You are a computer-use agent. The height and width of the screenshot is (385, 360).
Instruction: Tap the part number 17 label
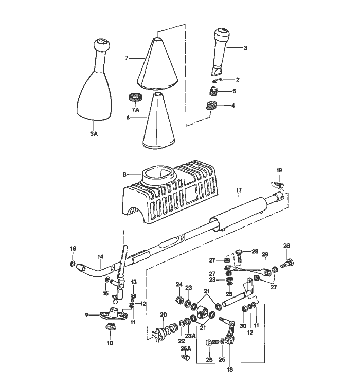[x=239, y=190]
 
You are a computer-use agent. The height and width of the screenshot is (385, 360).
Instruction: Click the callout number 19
[x=279, y=170]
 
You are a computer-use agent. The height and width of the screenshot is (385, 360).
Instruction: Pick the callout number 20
[x=163, y=315]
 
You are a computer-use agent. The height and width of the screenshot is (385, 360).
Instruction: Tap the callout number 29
[x=265, y=254]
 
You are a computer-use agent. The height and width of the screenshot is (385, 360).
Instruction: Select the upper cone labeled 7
[x=157, y=64]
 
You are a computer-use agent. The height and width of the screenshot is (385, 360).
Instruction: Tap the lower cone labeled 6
[x=157, y=124]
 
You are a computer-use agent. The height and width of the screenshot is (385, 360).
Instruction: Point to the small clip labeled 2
[x=218, y=80]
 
